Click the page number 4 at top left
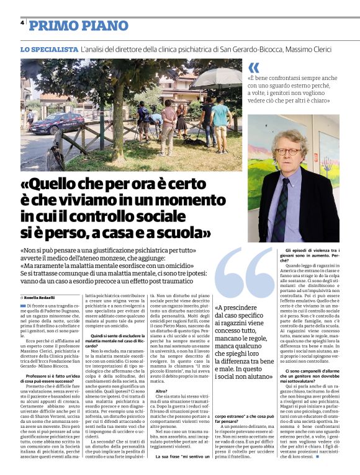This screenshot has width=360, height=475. point(22,22)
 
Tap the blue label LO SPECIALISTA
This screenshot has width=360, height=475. point(48,48)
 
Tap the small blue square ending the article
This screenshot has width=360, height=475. point(318,464)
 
